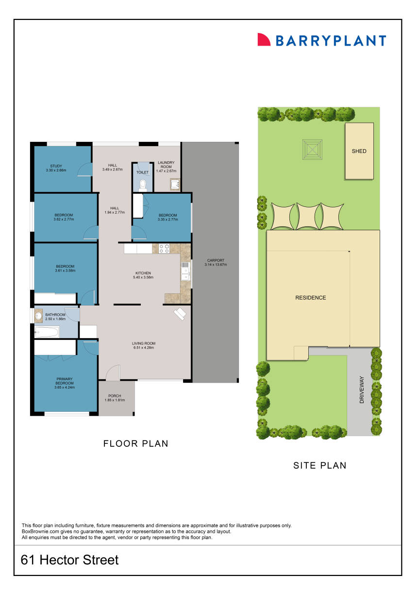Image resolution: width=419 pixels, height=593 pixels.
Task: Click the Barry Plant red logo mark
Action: click(264, 40)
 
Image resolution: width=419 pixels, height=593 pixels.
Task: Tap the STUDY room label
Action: click(56, 166)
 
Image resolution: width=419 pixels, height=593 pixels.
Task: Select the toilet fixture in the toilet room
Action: click(142, 184)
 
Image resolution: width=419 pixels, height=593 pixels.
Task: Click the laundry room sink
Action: click(175, 184)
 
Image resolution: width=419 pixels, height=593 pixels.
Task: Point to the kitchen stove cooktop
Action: click(164, 249)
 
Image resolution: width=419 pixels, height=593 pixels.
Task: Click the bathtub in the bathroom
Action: click(47, 333)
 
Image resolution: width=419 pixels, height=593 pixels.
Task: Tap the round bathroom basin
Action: click(39, 317)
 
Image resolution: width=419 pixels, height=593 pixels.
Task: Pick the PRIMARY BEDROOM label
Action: click(65, 381)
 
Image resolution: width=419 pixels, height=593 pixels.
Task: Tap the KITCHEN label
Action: click(143, 273)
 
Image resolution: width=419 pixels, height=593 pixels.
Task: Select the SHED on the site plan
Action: click(359, 151)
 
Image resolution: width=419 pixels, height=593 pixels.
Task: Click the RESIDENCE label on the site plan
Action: click(311, 298)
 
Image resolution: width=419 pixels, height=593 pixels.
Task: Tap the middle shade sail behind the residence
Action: click(307, 216)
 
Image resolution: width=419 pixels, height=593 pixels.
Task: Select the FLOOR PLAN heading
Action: click(136, 443)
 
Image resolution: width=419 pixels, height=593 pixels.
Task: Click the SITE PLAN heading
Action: click(320, 465)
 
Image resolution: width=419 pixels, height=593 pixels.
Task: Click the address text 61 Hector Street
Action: click(70, 560)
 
